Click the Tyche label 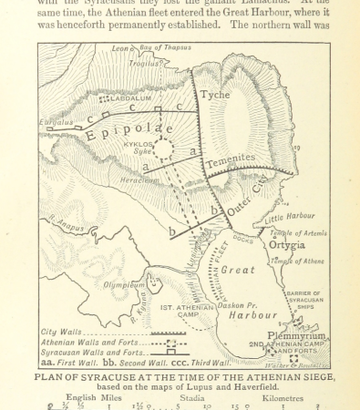click(216, 95)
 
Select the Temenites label click(231, 159)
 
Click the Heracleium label click(127, 181)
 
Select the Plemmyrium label click(296, 334)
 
